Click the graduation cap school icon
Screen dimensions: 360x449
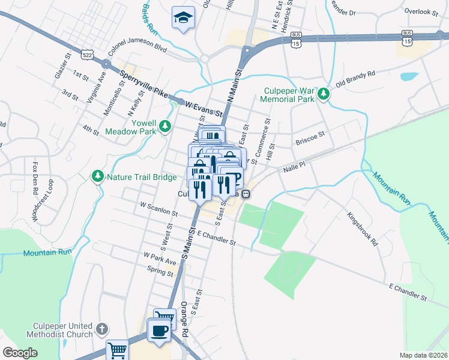pyautogui.click(x=182, y=17)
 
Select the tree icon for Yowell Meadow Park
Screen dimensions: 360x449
pyautogui.click(x=164, y=127)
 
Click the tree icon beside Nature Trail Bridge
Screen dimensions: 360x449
pyautogui.click(x=97, y=176)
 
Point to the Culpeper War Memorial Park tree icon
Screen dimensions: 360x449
pyautogui.click(x=324, y=94)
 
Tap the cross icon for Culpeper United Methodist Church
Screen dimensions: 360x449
pyautogui.click(x=102, y=329)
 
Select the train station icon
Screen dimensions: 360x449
pyautogui.click(x=246, y=194)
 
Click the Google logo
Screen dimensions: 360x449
pyautogui.click(x=19, y=353)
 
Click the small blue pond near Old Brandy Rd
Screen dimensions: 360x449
pyautogui.click(x=409, y=77)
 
